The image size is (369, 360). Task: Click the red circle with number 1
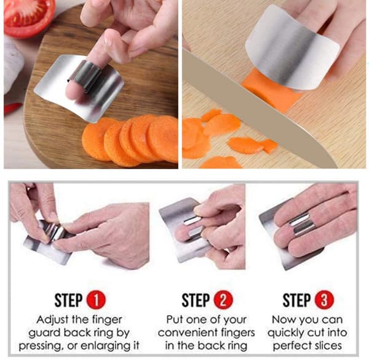pyautogui.click(x=96, y=300)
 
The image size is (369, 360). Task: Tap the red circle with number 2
pyautogui.click(x=223, y=300)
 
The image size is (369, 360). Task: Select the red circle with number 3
pyautogui.click(x=324, y=300)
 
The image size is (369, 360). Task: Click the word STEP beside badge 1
pyautogui.click(x=68, y=300)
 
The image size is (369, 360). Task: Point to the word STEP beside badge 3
pyautogui.click(x=297, y=300)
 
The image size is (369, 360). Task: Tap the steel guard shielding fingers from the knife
pyautogui.click(x=292, y=47)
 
